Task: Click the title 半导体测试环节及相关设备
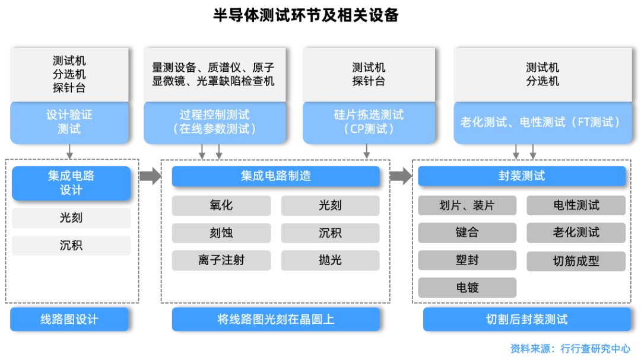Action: [306, 16]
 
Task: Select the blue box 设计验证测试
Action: [69, 122]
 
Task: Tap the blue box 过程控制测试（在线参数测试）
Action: [214, 122]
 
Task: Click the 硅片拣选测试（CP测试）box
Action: [369, 122]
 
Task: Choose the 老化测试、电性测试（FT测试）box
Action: [542, 122]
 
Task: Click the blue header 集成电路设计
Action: [71, 183]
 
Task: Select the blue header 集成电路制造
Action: [275, 176]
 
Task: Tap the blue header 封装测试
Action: [522, 176]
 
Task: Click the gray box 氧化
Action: [221, 205]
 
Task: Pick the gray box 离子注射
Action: [221, 260]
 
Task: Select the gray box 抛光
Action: [330, 260]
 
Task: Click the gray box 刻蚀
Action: [221, 232]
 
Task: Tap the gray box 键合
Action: [467, 232]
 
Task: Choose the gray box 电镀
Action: [467, 288]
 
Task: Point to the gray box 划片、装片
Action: [467, 205]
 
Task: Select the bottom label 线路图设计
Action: [69, 319]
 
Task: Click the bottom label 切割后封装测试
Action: [526, 319]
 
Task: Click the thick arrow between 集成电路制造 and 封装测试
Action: [401, 176]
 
